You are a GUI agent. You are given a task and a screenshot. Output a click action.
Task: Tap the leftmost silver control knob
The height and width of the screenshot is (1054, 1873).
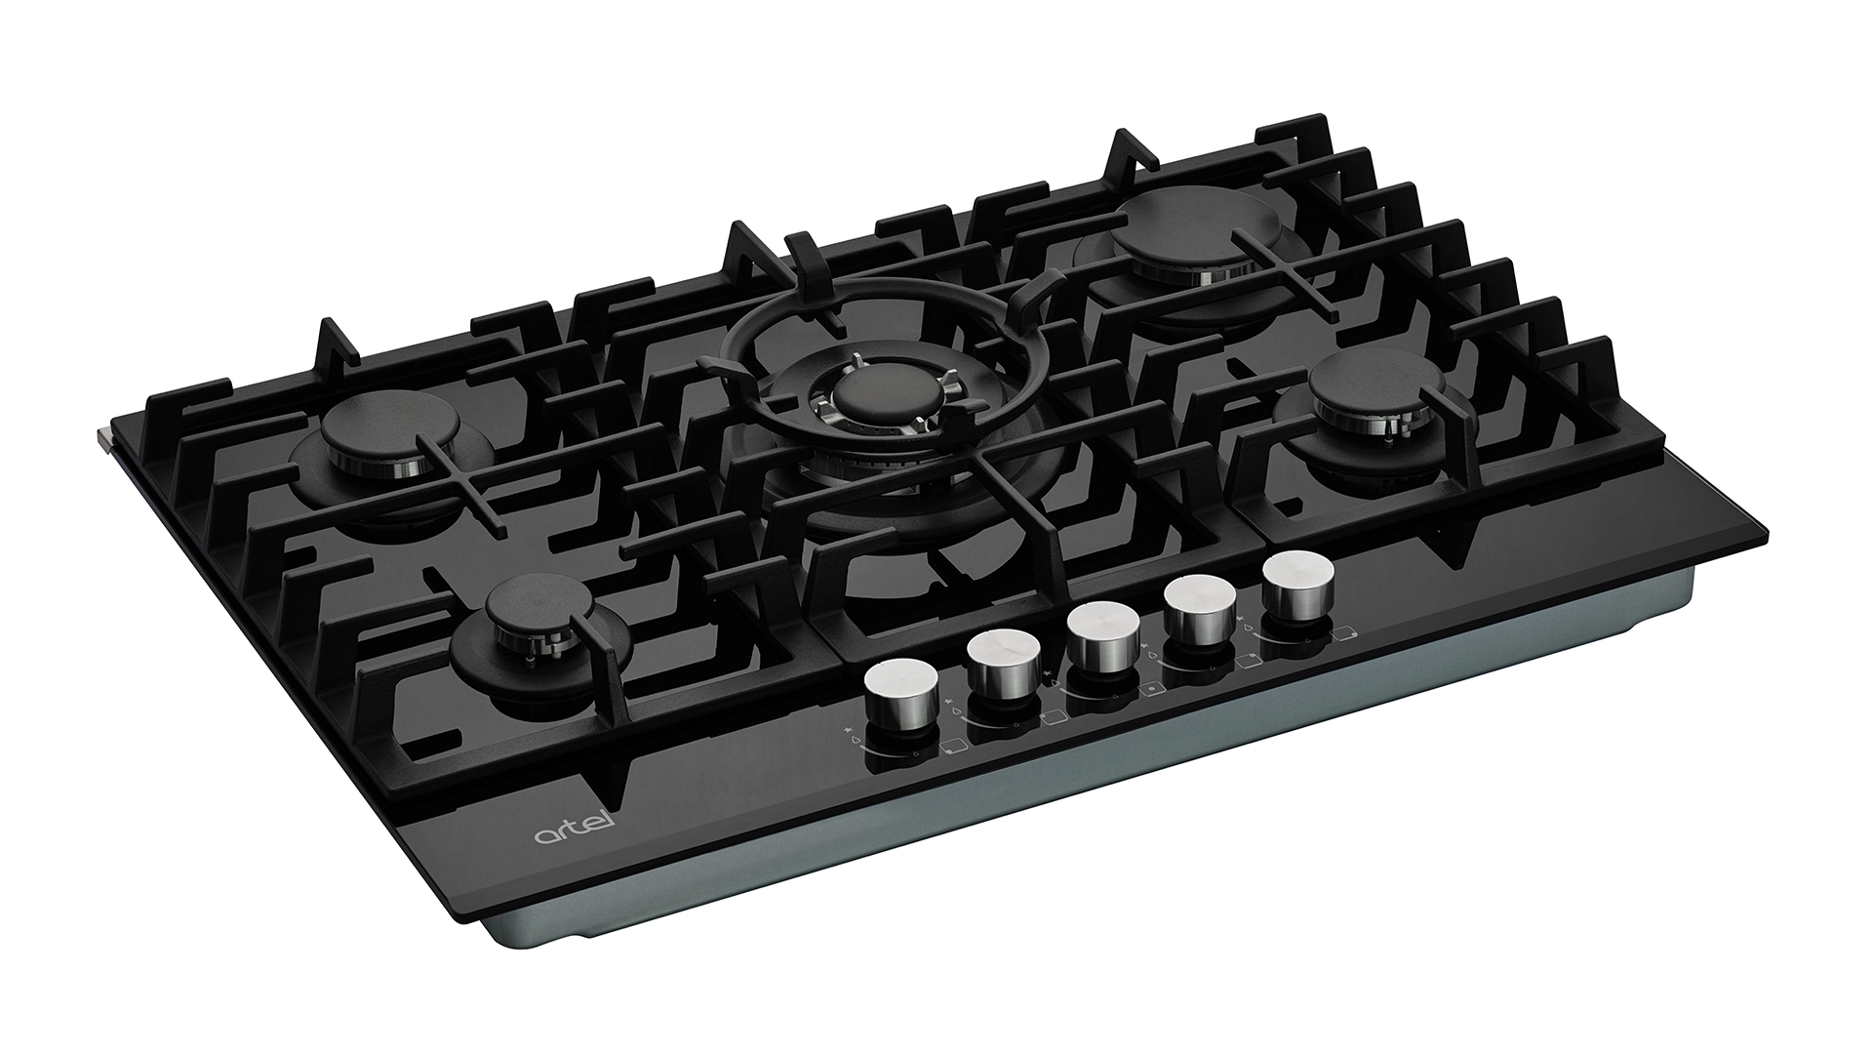coord(901,695)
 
